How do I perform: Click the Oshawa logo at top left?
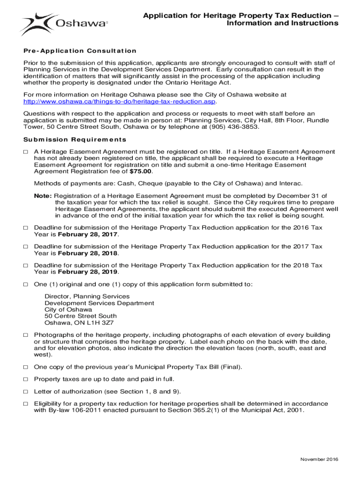pyautogui.click(x=64, y=23)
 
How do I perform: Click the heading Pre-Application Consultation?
pyautogui.click(x=79, y=51)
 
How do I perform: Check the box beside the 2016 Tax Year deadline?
pyautogui.click(x=26, y=227)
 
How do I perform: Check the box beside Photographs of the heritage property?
pyautogui.click(x=26, y=335)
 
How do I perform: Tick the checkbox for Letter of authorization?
pyautogui.click(x=26, y=392)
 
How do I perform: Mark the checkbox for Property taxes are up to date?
pyautogui.click(x=26, y=379)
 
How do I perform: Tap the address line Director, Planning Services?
pyautogui.click(x=87, y=297)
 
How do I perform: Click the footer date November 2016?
pyautogui.click(x=319, y=459)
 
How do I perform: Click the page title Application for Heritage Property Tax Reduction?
pyautogui.click(x=240, y=15)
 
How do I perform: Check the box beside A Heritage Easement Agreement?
pyautogui.click(x=26, y=152)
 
